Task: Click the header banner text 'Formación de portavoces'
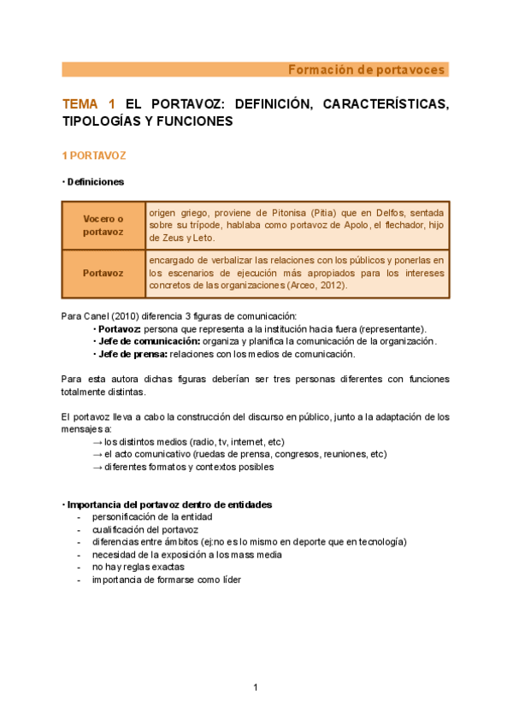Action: [x=365, y=69]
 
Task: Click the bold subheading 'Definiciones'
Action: [x=95, y=182]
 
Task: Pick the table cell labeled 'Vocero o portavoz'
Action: [x=103, y=226]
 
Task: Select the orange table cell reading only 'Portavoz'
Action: [x=103, y=274]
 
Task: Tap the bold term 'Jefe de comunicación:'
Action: [x=143, y=341]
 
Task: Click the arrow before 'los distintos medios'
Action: [x=97, y=441]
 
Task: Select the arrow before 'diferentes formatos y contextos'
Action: [x=97, y=467]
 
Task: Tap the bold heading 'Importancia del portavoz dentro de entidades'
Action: [x=169, y=504]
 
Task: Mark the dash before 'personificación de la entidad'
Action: [x=80, y=517]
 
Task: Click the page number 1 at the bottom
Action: [x=255, y=687]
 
